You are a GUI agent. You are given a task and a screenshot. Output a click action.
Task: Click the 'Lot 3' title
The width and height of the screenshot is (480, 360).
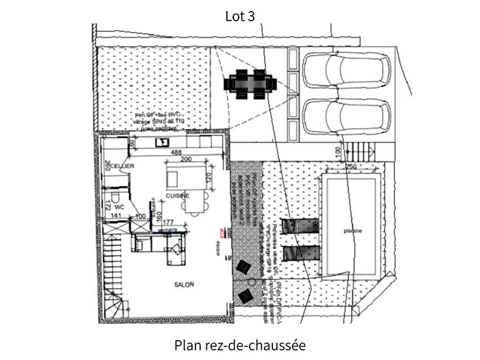[240, 16]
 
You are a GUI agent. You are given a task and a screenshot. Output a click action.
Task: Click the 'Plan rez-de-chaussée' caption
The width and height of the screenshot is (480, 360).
[239, 345]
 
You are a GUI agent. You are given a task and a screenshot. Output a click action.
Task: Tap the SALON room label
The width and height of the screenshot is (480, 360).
[184, 284]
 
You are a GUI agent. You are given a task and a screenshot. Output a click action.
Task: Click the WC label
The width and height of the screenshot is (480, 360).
[119, 206]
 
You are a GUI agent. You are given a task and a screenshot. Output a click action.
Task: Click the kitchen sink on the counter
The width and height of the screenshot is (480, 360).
[163, 142]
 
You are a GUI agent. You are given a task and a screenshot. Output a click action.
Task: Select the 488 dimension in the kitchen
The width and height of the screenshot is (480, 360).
[176, 152]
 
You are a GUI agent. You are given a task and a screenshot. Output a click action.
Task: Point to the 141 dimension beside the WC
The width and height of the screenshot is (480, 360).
[116, 216]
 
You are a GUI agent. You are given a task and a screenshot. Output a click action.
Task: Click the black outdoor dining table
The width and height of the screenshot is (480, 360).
[250, 84]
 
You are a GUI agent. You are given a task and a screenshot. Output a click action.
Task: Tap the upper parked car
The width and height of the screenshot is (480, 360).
[346, 71]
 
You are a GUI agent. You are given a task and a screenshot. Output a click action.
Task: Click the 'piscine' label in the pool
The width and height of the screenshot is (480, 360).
[353, 230]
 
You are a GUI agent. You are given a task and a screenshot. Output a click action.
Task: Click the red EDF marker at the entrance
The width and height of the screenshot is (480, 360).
[221, 232]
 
